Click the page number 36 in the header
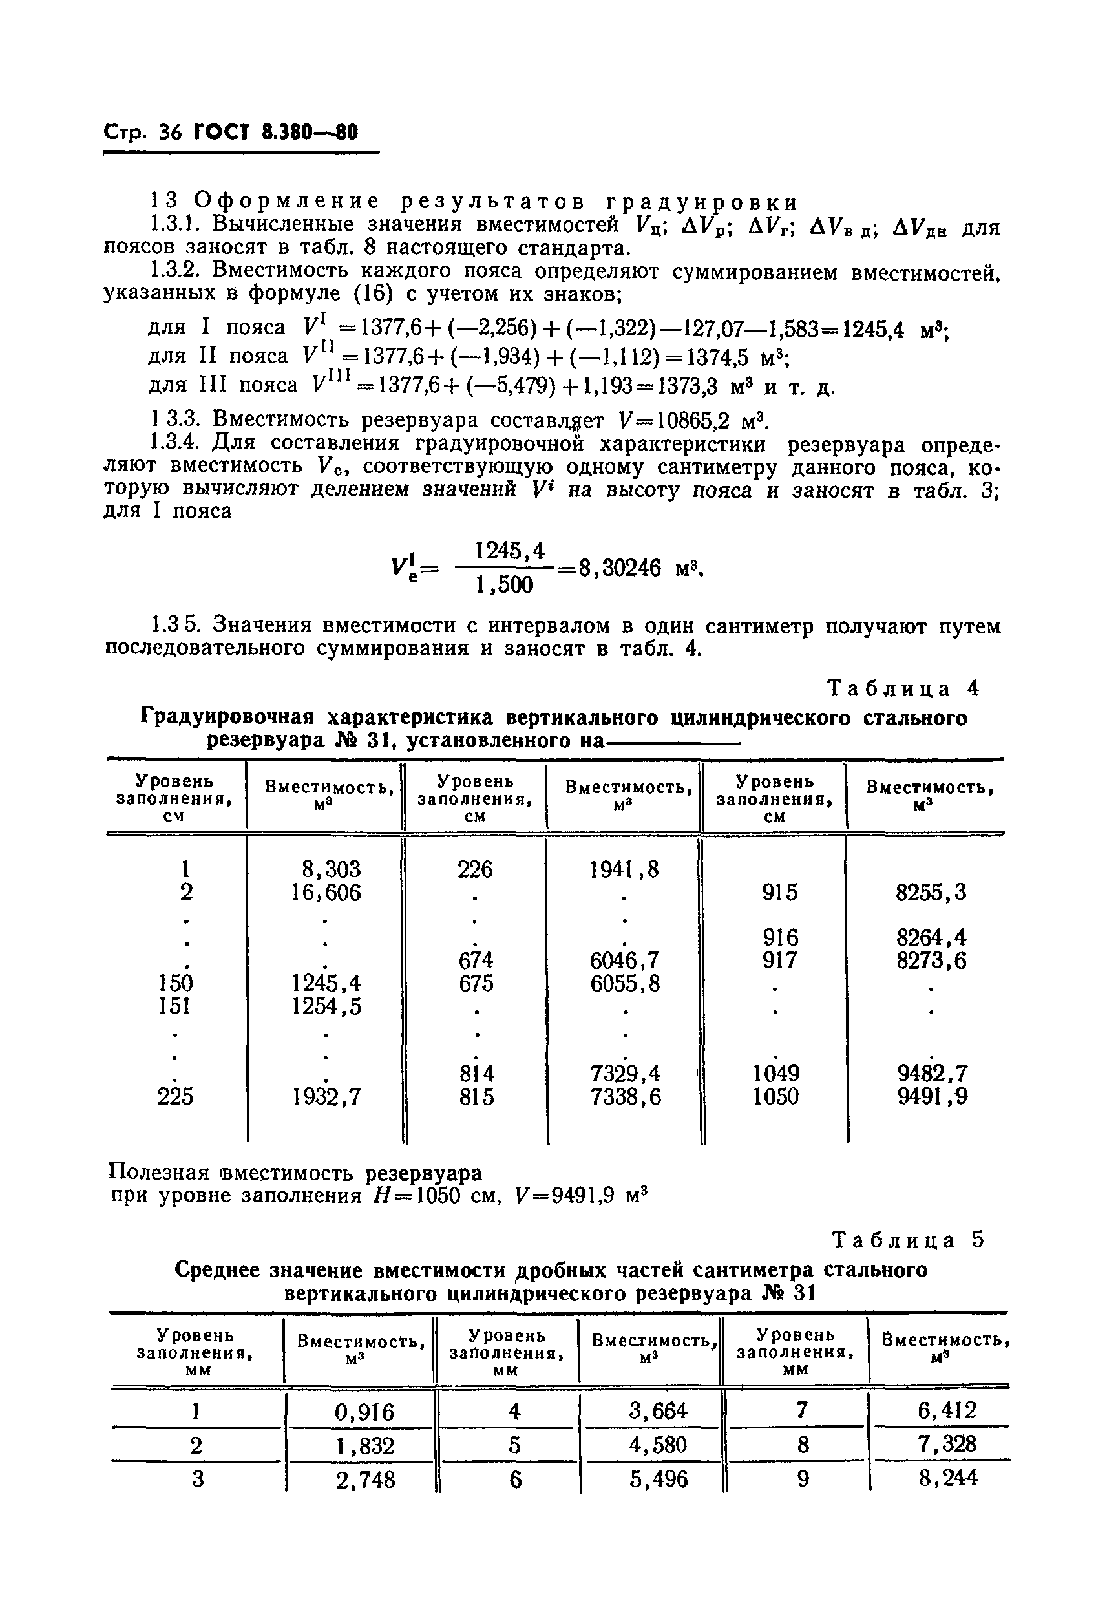tap(169, 133)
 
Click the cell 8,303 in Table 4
tap(332, 869)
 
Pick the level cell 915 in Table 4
tap(779, 892)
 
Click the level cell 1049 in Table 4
tap(776, 1074)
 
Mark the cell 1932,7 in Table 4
tap(327, 1097)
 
